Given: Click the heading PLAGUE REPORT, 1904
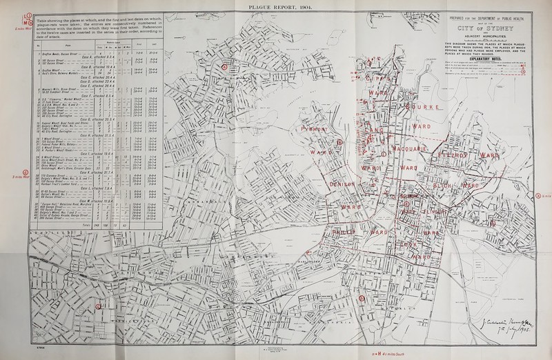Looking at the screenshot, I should click(x=276, y=6).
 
